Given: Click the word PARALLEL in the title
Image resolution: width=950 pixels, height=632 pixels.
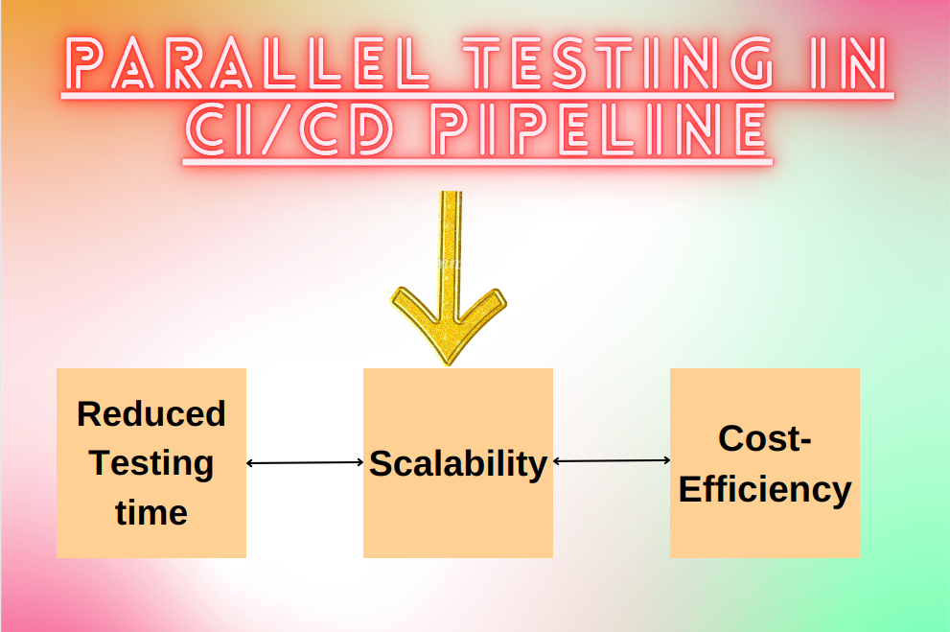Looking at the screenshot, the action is click(x=247, y=63).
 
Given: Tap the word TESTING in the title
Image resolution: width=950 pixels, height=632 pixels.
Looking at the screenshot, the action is click(x=618, y=63).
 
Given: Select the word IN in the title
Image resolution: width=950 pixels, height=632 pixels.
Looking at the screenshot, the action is click(x=847, y=63).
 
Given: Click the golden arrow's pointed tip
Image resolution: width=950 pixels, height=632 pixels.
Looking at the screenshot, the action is click(x=449, y=364).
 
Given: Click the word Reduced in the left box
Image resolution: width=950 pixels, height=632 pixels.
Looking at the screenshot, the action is click(x=151, y=414).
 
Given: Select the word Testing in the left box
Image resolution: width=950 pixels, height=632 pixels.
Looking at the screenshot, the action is click(x=151, y=464).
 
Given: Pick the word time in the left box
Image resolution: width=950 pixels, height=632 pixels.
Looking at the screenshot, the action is click(x=151, y=513).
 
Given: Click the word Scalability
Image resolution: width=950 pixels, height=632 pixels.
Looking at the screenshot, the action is click(x=458, y=464).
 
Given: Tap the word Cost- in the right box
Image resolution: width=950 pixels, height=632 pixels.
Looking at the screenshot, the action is click(x=765, y=438).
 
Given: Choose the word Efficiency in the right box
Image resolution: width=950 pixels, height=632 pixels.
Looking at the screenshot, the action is click(x=765, y=490).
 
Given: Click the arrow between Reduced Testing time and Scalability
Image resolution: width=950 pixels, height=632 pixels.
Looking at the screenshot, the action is click(x=305, y=463).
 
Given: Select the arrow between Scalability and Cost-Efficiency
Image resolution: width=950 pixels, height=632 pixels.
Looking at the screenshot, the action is click(x=612, y=460).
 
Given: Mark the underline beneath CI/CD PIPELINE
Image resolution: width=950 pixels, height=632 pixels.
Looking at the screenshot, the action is click(x=477, y=162).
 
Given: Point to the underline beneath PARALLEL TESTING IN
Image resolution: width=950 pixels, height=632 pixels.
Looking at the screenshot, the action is click(x=477, y=96).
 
